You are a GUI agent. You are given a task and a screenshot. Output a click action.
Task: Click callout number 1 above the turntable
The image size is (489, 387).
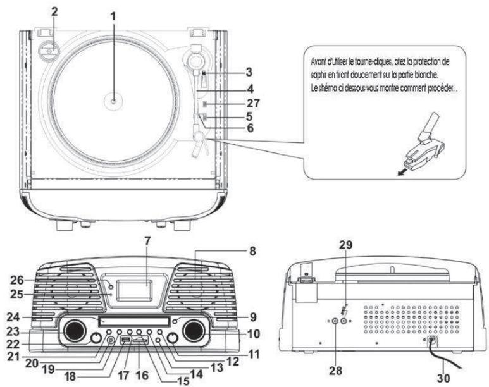(113, 16)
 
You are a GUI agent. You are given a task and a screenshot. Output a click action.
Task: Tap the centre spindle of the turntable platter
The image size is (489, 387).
(113, 101)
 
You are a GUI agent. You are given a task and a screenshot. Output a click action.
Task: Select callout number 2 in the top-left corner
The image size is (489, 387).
(54, 12)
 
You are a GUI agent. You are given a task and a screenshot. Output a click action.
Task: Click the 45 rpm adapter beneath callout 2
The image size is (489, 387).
(47, 49)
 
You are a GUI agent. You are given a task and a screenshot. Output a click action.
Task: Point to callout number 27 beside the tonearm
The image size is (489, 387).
(253, 103)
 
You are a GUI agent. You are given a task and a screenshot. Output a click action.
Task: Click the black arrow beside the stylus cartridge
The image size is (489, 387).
(402, 172)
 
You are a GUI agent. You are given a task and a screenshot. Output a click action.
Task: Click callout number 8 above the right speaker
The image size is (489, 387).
(252, 251)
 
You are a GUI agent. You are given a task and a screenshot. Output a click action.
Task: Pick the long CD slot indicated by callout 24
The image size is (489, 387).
(134, 321)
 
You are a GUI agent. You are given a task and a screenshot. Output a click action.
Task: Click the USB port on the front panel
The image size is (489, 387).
(125, 341)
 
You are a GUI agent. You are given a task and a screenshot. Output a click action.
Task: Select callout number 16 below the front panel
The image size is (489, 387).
(142, 375)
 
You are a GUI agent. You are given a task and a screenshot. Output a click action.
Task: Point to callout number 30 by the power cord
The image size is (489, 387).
(443, 378)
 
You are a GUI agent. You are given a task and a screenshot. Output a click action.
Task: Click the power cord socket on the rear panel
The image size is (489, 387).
(431, 341)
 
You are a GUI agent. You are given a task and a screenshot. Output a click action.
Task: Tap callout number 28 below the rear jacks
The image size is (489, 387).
(335, 371)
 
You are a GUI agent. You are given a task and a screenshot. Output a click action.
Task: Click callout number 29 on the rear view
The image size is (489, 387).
(345, 245)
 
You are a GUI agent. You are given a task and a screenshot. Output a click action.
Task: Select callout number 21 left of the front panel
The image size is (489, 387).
(13, 357)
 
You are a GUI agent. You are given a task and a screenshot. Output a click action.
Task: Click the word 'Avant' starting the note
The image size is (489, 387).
(318, 62)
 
